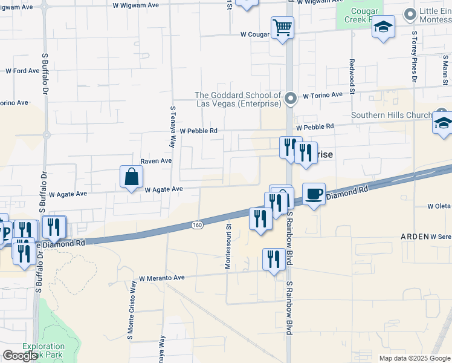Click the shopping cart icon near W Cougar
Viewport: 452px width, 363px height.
click(x=282, y=28)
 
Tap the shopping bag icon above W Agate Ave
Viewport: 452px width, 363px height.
click(x=131, y=177)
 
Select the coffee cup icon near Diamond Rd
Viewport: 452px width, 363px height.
click(x=313, y=194)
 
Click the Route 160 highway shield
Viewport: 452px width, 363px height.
click(x=197, y=225)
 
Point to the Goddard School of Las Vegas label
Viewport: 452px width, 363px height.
click(x=238, y=100)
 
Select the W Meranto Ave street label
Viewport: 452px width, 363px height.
click(x=161, y=278)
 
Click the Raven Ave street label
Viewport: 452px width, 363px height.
click(x=156, y=162)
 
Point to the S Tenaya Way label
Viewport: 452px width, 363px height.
click(x=173, y=127)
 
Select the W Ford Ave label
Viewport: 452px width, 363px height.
click(x=22, y=71)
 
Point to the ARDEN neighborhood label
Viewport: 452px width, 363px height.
click(x=415, y=237)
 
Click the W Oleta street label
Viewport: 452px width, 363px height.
click(x=439, y=206)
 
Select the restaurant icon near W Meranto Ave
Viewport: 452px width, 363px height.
click(x=274, y=260)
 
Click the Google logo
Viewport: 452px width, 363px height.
click(x=20, y=356)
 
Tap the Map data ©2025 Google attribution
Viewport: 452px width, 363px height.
click(x=415, y=358)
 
